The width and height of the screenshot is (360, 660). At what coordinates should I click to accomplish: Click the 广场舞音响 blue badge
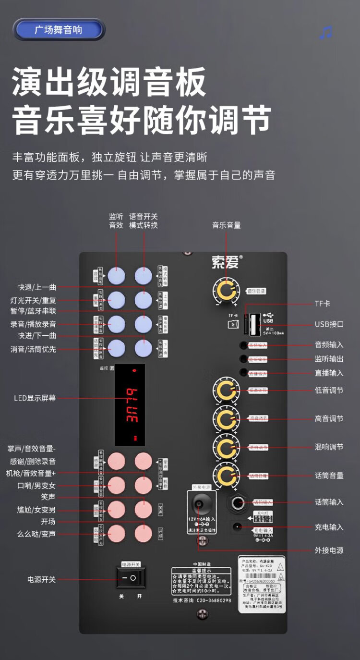59,30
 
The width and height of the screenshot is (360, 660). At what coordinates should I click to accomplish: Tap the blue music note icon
326,33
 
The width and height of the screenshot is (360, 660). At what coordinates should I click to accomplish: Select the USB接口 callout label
329,324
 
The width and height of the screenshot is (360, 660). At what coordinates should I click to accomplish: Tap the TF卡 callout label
323,304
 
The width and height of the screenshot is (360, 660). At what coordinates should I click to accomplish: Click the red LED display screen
130,404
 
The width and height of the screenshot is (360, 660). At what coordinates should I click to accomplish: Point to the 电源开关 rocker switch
131,577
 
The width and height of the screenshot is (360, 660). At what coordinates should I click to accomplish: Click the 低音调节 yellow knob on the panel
226,390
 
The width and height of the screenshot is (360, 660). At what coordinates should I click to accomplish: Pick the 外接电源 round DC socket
198,504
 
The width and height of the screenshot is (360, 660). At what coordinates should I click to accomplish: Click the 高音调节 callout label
329,419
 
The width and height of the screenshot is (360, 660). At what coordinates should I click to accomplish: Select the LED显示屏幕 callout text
35,398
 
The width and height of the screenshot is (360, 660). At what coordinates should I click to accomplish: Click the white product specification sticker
262,584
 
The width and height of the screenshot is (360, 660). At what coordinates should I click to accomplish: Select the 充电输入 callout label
329,527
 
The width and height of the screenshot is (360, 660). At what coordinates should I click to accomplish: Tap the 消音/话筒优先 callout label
33,349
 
